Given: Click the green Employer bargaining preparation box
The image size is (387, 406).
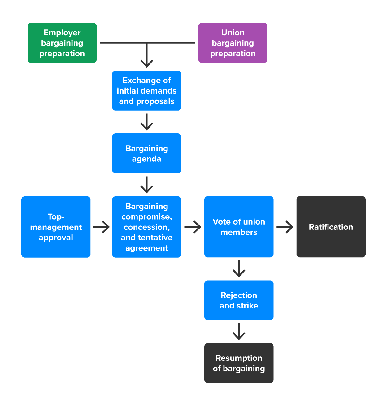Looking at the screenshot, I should pos(62,43).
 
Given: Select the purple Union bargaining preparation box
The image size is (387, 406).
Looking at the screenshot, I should pos(233,43).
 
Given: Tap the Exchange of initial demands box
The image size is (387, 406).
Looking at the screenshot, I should pos(146,90).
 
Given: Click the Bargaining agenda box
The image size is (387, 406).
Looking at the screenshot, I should pos(146,153).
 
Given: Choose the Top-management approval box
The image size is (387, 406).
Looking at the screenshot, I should pos(56,227).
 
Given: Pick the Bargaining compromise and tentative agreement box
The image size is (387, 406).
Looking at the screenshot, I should pos(146,227).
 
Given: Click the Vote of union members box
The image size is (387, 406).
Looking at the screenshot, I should pos(239,227).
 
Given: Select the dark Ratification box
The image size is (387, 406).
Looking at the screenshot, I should pos(331,227).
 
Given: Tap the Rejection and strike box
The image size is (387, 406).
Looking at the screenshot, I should pos(239,300).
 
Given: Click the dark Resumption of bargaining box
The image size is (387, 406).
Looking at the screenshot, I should pos(239,363).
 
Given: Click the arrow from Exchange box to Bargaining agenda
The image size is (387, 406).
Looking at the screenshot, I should pos(147,122).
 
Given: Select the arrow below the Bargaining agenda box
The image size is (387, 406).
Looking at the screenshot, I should pos(147,185).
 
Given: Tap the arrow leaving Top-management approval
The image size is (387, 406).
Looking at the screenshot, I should pos(101,227).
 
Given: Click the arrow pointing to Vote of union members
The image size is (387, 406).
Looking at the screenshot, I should pos(193,227).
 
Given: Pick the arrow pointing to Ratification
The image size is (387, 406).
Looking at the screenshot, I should pos(285,227).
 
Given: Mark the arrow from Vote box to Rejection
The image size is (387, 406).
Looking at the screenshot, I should pos(239,269).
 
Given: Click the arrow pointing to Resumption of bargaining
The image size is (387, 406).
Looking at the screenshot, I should pos(239,332).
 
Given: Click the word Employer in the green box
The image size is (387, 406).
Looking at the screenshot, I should pos(62,33).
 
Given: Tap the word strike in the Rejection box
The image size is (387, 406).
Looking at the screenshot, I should pos(247,306).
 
